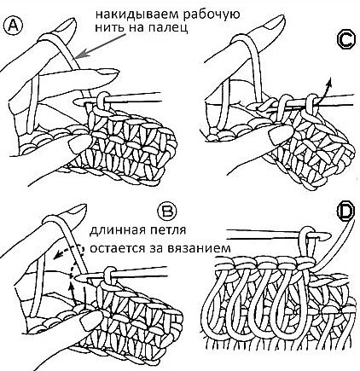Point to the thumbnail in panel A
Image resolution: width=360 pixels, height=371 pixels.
click(81, 142)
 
